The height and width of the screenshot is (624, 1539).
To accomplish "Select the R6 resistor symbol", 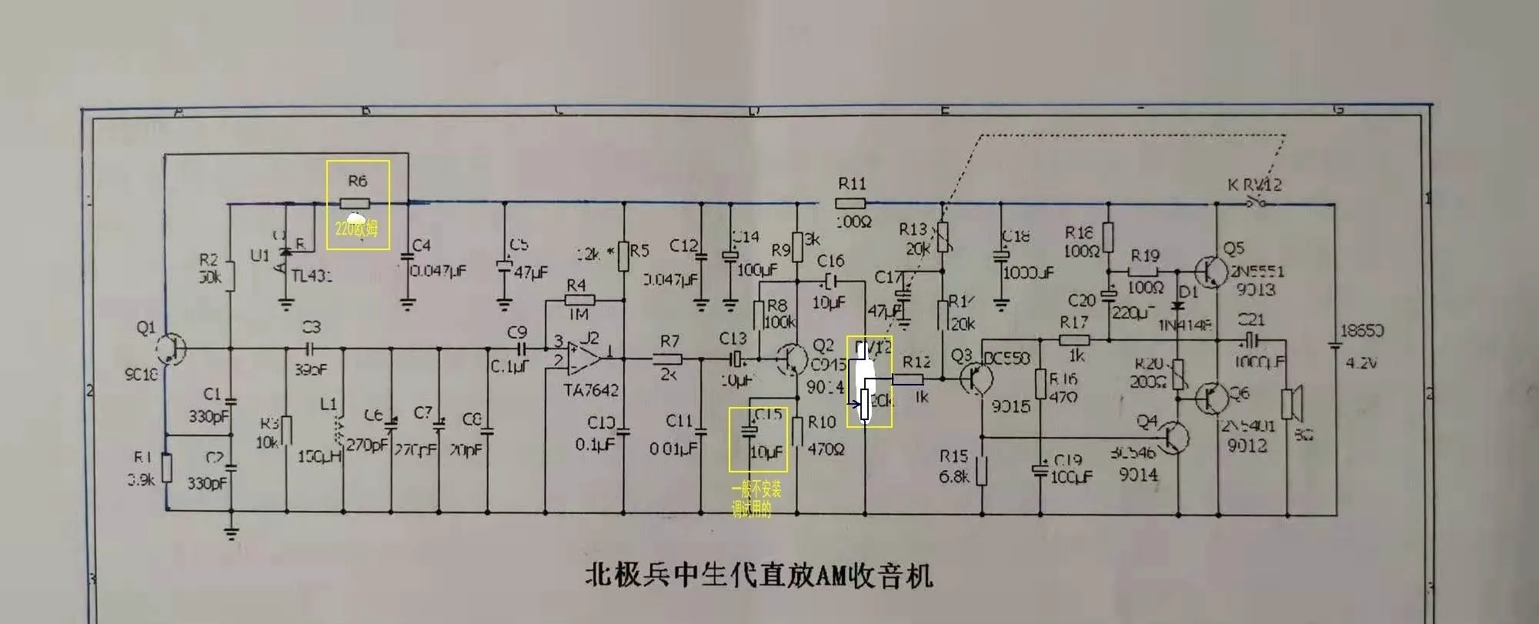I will [x=355, y=204].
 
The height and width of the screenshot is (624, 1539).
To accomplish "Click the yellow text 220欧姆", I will [x=356, y=229].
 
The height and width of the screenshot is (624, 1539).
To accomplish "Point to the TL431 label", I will [x=312, y=275].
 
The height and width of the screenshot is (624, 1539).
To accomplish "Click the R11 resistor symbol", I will [x=850, y=204].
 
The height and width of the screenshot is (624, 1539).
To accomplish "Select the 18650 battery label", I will [x=1362, y=331].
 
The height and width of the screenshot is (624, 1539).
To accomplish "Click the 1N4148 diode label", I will [x=1185, y=325].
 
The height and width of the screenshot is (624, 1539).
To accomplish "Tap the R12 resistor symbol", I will [x=908, y=379].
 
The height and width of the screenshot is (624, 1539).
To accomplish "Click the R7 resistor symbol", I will [x=668, y=358].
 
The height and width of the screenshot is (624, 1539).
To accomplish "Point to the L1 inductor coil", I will [x=337, y=431].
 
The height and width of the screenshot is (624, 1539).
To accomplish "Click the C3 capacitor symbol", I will [x=311, y=348].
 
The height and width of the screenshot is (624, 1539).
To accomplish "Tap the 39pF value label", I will [x=311, y=369].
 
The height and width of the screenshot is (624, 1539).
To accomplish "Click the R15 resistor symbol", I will [x=982, y=471].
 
